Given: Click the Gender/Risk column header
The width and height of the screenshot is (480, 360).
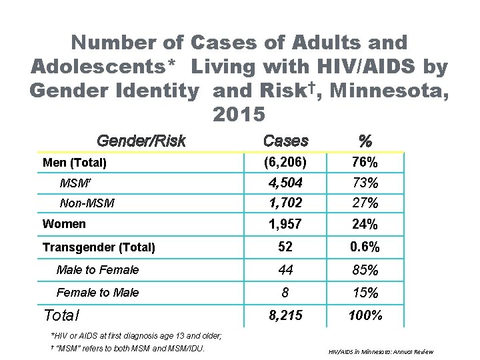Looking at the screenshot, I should point(141,141).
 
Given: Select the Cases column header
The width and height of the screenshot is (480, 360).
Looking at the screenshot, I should point(285,141).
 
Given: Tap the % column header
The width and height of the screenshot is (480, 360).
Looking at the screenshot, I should point(365,141).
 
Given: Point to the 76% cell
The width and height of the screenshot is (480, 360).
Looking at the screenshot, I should point(365,163).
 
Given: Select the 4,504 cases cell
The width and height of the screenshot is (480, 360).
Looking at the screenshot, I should point(285,183).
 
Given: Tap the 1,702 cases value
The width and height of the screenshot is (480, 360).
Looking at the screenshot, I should point(285,203).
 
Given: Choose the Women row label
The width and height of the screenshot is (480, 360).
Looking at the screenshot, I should point(64,224).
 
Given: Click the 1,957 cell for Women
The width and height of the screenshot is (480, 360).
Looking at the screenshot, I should point(285,224).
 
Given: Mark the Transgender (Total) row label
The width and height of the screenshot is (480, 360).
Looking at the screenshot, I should point(99,248).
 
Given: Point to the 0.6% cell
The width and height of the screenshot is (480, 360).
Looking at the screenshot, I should point(365,247).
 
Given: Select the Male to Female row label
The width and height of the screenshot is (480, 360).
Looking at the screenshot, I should point(98,270).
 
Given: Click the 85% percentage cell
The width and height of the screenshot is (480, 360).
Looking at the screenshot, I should point(365,270).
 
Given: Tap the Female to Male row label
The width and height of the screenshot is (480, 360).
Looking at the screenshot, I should point(98,293).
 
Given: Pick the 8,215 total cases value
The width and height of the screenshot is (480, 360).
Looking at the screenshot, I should point(285,315).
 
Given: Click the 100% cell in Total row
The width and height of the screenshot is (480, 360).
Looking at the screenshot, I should point(365,315).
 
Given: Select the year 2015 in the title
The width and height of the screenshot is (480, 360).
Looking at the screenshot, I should point(239,114).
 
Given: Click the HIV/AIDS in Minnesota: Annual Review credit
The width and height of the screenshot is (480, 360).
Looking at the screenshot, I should point(381,351).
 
